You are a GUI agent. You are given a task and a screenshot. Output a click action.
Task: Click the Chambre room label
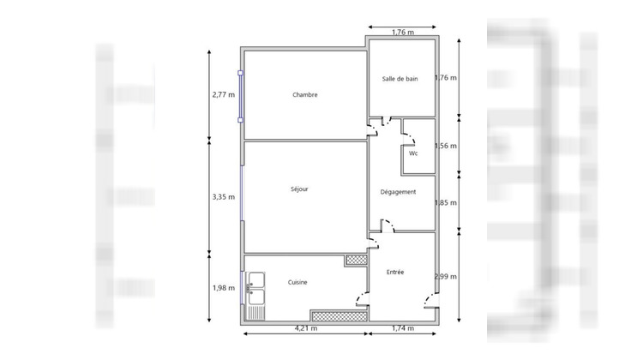pos(304,95)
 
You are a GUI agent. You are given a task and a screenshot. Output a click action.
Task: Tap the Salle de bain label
pos(400,79)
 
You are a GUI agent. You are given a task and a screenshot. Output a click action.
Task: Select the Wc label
pos(413,153)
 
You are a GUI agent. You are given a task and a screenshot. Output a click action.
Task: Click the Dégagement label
pos(398,192)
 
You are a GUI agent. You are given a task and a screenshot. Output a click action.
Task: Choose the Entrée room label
pos(395,272)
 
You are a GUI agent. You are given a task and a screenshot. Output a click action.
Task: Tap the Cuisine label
pos(297,282)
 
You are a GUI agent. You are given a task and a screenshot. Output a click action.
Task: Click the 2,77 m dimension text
pos(223,94)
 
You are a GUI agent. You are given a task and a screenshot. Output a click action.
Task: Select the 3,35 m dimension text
pos(223,196)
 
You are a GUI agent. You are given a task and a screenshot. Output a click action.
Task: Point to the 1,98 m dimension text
pos(223,287)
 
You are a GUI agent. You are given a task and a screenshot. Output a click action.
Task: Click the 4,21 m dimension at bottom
pos(306,328)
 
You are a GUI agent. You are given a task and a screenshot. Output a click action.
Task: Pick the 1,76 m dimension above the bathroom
pos(402,33)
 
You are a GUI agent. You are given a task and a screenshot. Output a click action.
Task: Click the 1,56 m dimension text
pos(446,146)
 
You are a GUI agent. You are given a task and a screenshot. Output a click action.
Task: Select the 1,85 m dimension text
pos(446,202)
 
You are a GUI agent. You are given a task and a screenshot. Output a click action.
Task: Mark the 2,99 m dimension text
pos(446,276)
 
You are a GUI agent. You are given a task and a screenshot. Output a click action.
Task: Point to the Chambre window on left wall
pos(241,95)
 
